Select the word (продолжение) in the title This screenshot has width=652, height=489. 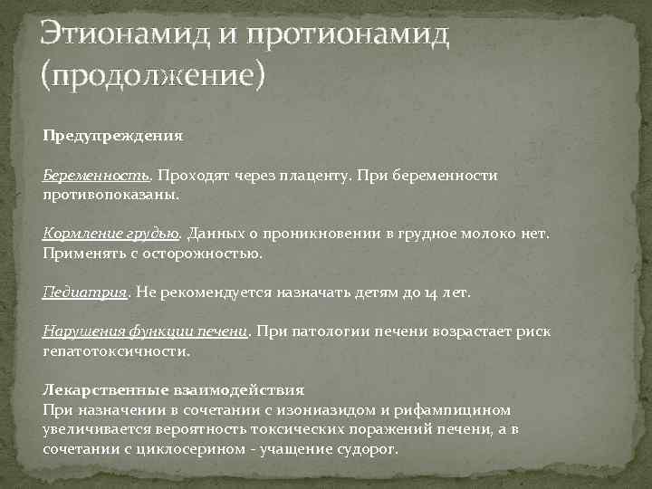click(151, 75)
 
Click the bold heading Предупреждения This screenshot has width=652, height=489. click(113, 136)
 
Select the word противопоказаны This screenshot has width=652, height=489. click(111, 194)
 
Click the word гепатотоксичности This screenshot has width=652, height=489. click(117, 350)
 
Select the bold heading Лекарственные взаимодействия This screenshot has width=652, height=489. click(173, 390)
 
